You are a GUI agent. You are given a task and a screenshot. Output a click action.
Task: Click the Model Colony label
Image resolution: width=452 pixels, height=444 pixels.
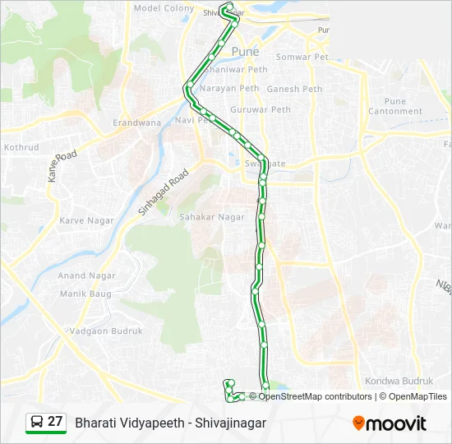coord(164,8)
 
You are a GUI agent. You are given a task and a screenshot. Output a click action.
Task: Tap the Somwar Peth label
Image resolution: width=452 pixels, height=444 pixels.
coord(301,57)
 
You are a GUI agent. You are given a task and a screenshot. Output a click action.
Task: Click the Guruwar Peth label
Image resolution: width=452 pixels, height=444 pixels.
coord(261,109)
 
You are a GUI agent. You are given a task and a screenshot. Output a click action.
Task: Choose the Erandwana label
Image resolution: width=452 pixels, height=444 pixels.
coord(136,123)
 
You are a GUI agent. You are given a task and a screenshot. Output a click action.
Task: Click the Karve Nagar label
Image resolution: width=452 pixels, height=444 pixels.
coord(85,220)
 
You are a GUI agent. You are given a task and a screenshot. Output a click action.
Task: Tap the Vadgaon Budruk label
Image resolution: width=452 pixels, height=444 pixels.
coord(106,331)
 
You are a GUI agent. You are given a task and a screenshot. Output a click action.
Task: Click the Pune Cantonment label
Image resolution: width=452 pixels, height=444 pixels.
coord(395,106)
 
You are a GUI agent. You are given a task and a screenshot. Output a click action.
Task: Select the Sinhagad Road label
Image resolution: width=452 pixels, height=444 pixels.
coord(164,192)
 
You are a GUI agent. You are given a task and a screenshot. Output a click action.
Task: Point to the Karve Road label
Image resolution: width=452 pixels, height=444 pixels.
coord(61,166)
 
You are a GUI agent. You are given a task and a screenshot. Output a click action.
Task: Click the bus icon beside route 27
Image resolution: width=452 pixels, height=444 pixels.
coord(37,422)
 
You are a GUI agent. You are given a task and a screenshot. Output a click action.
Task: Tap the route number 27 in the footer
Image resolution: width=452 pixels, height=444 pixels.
coord(55,422)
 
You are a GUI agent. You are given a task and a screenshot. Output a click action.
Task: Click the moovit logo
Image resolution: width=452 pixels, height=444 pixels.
coord(390,423)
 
